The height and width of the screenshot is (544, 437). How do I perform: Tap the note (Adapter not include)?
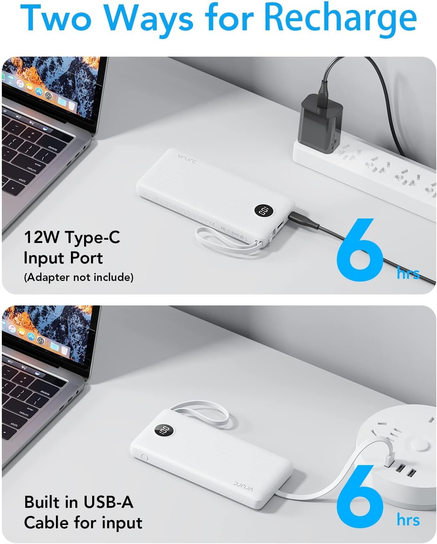click(x=79, y=277)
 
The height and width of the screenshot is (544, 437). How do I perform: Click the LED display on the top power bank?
click(x=264, y=211)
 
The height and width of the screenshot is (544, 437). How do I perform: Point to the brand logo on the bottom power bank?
click(x=243, y=486)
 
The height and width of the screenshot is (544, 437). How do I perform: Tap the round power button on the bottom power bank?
click(x=144, y=457)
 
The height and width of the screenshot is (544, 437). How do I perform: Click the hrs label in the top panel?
click(x=408, y=273)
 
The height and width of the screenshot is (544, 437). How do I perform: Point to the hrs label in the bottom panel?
click(x=408, y=520)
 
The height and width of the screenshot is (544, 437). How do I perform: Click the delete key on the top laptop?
click(x=53, y=148)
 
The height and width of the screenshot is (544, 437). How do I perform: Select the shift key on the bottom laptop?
click(x=14, y=425)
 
